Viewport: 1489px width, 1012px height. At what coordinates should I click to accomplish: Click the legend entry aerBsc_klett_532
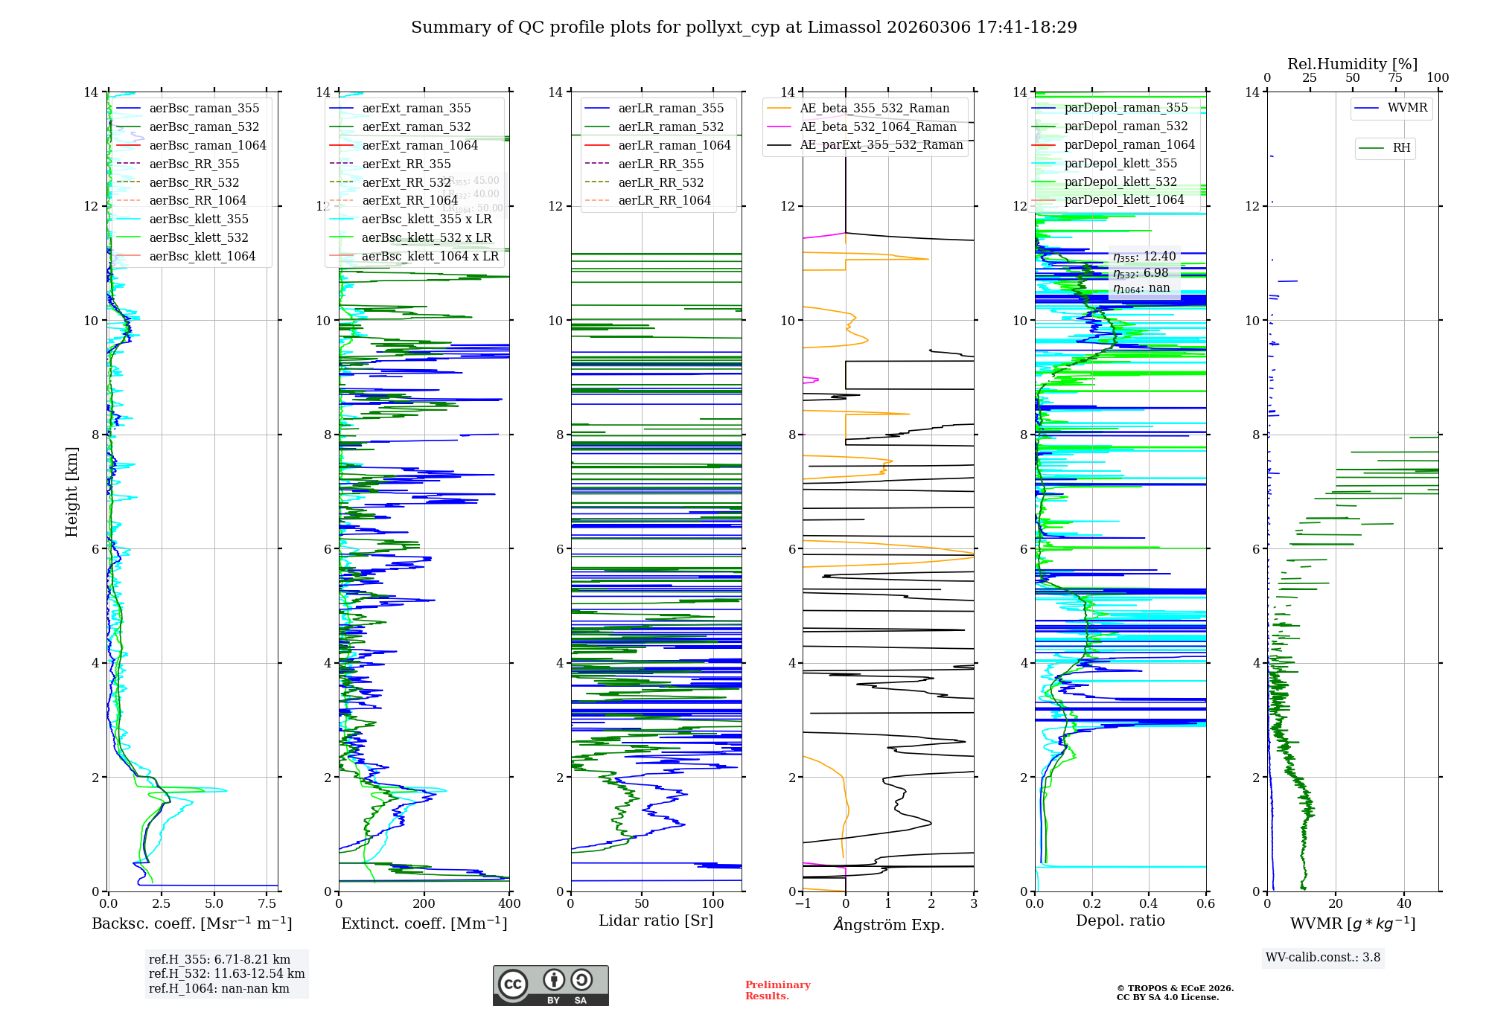click(x=198, y=237)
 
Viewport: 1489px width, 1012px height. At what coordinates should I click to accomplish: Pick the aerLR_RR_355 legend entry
click(x=660, y=164)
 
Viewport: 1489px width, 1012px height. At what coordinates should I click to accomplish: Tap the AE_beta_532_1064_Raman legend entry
click(x=878, y=126)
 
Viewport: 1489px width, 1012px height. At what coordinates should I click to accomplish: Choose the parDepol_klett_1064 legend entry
click(x=1123, y=199)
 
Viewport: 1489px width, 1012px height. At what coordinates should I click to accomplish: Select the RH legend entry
click(x=1401, y=147)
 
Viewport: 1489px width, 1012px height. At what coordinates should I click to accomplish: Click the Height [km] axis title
click(x=71, y=491)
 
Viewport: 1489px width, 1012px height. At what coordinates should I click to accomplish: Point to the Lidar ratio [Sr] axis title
click(x=656, y=920)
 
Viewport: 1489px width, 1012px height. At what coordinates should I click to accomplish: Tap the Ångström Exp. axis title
click(x=888, y=924)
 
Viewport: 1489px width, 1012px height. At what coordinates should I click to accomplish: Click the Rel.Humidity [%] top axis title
click(x=1352, y=64)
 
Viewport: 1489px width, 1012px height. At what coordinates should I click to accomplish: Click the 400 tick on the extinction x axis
click(x=509, y=904)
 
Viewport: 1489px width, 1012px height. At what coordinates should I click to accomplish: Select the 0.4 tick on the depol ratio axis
click(x=1149, y=904)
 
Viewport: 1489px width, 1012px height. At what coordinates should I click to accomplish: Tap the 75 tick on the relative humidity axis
click(x=1395, y=78)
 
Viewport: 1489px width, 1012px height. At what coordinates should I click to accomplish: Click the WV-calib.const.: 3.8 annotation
click(x=1323, y=958)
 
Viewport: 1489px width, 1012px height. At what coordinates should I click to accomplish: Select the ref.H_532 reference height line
click(x=226, y=973)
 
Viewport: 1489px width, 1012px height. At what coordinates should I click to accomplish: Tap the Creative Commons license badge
click(x=550, y=985)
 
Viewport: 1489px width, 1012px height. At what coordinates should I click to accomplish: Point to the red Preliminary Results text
click(x=777, y=990)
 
